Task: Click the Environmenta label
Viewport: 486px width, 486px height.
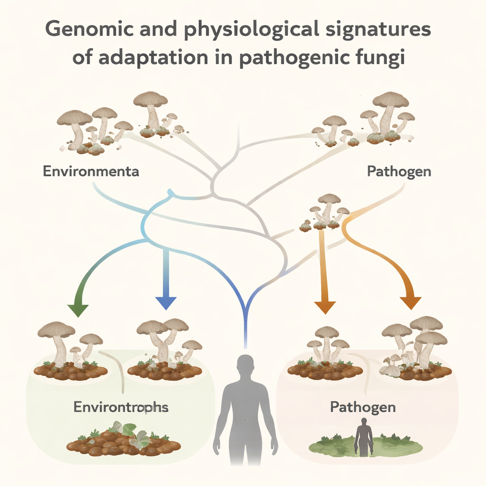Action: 91,171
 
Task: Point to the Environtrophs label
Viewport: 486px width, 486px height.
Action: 121,407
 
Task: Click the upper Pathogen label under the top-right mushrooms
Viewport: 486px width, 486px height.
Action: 399,171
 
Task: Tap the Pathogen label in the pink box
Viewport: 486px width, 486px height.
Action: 363,407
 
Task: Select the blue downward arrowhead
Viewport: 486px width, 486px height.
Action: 166,303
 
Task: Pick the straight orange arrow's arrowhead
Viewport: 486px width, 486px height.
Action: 325,307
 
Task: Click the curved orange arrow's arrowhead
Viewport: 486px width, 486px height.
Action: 410,302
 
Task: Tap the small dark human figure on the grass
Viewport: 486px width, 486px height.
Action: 364,437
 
